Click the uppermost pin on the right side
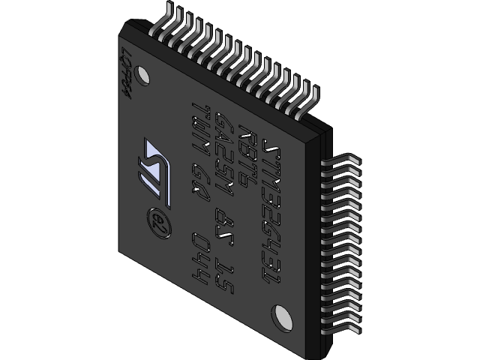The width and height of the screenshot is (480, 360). point(341,162)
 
